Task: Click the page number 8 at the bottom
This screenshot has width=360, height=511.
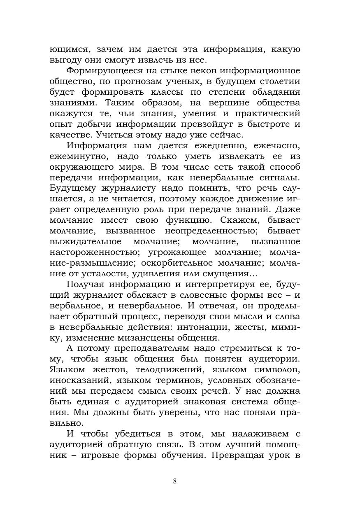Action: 175,481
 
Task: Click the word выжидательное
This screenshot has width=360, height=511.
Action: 85,241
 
